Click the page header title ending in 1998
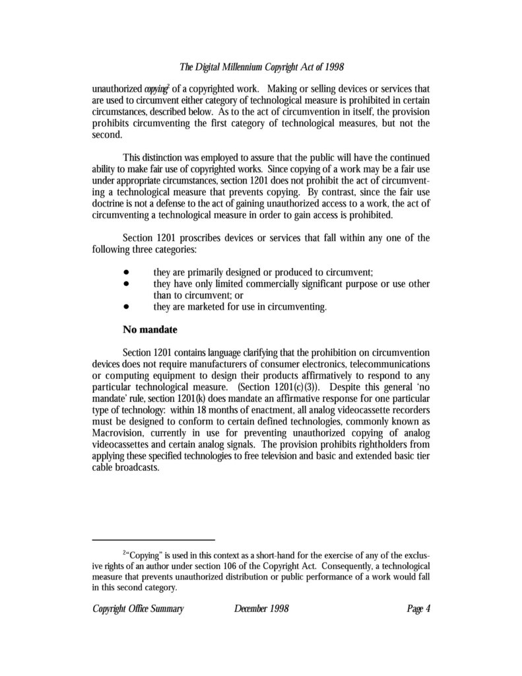pos(261,67)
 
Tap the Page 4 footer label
pos(418,609)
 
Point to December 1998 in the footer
pos(261,609)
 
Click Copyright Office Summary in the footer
pos(137,609)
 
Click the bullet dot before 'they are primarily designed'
pos(125,273)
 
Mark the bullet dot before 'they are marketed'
pos(125,307)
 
